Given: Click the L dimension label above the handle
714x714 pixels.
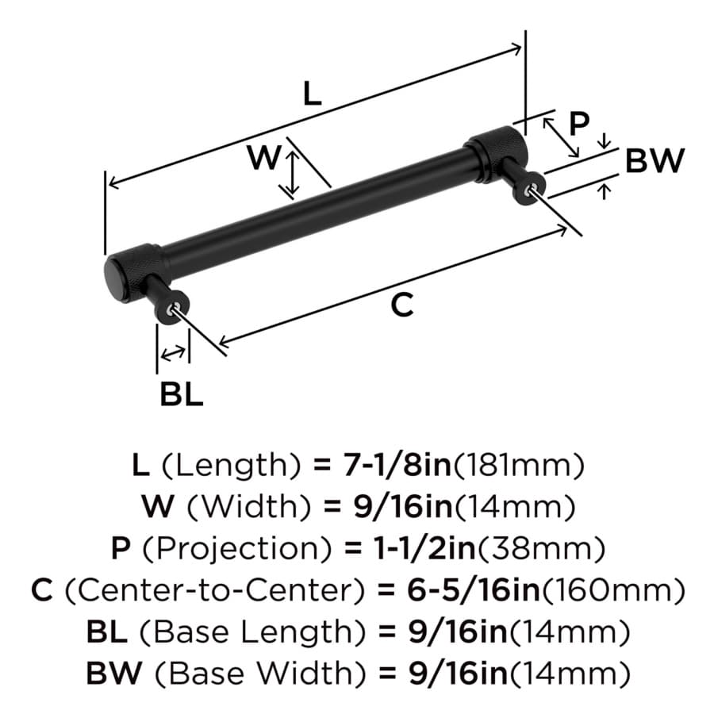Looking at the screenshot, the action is pyautogui.click(x=313, y=94).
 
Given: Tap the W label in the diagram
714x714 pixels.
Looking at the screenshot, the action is pyautogui.click(x=263, y=157).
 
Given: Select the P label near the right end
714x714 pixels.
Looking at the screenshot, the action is pyautogui.click(x=579, y=123).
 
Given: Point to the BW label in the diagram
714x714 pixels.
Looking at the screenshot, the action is pyautogui.click(x=654, y=160).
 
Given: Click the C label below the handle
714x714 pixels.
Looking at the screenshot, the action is pyautogui.click(x=402, y=305).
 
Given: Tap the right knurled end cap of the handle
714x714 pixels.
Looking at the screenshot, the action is pyautogui.click(x=497, y=153).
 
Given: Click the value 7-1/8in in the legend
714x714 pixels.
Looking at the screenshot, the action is pyautogui.click(x=397, y=465).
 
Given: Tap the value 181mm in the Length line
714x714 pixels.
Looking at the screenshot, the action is pyautogui.click(x=520, y=465).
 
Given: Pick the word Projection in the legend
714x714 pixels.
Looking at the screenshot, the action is pyautogui.click(x=236, y=549).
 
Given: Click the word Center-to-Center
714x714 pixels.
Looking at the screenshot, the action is pyautogui.click(x=215, y=590).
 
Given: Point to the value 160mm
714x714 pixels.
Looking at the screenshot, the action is pyautogui.click(x=613, y=590).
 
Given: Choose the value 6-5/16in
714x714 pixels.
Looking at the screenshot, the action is pyautogui.click(x=473, y=590).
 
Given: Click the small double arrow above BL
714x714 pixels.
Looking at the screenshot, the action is pyautogui.click(x=174, y=353).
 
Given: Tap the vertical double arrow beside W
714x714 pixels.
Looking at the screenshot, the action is pyautogui.click(x=292, y=173).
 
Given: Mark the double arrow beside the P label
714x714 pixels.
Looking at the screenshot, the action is pyautogui.click(x=561, y=137).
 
